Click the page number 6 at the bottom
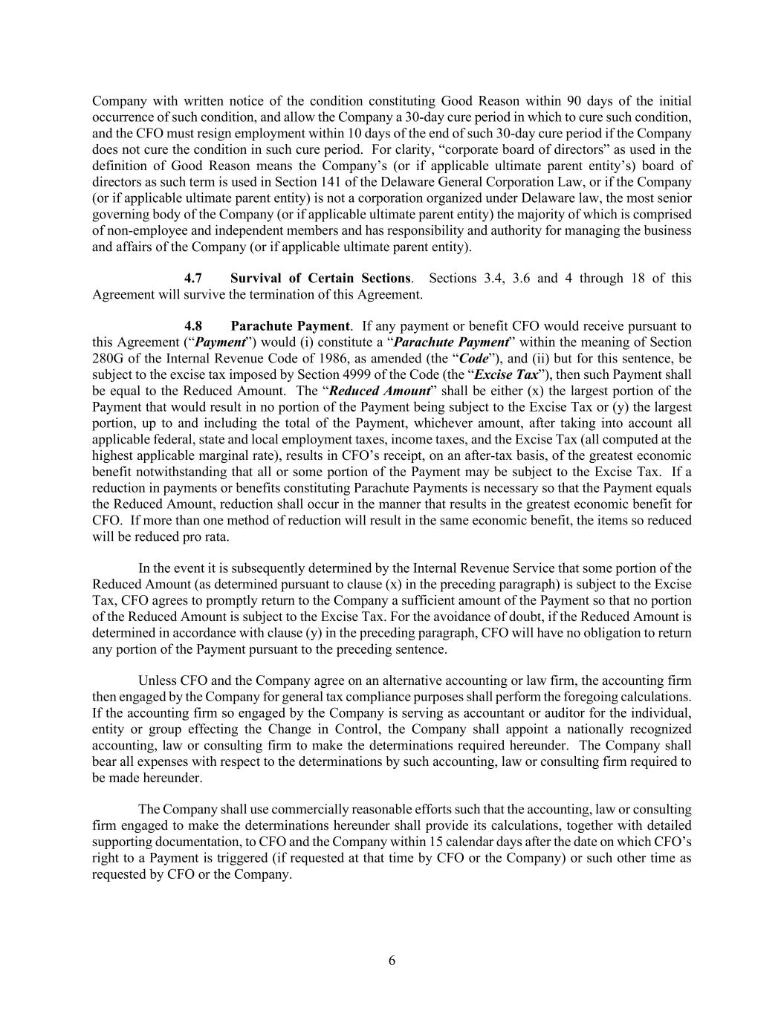tap(392, 961)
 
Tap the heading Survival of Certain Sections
tap(320, 278)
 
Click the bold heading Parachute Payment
tap(290, 326)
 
